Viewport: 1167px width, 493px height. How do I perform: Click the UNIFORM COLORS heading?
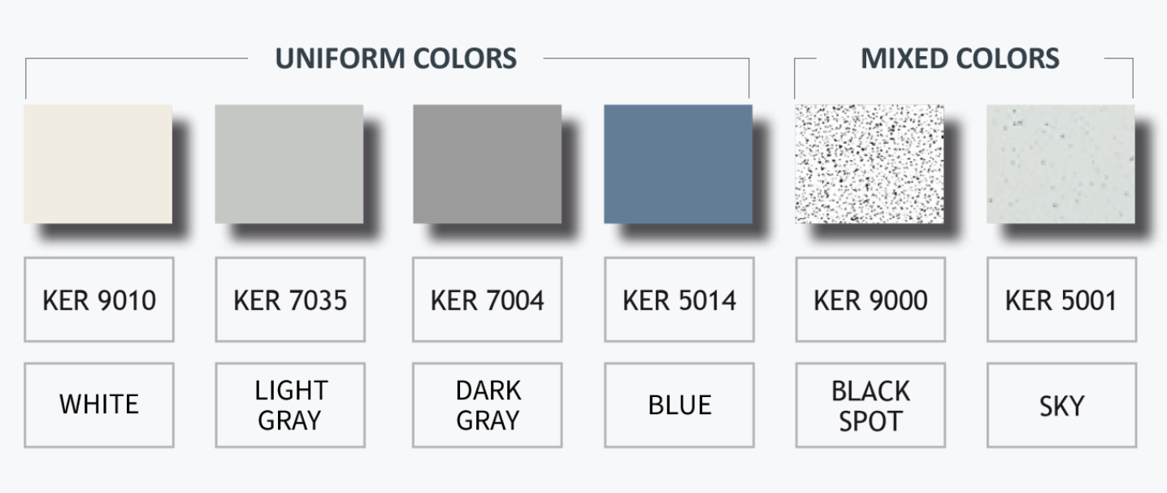click(x=396, y=59)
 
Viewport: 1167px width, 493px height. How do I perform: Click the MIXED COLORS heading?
click(x=960, y=59)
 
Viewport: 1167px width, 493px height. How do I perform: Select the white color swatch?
click(x=98, y=164)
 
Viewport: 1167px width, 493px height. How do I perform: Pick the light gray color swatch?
click(x=289, y=164)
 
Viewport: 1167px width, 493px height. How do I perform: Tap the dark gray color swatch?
click(x=487, y=164)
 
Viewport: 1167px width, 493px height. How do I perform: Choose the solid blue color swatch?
click(x=679, y=164)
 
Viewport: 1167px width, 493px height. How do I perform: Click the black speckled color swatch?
click(x=870, y=164)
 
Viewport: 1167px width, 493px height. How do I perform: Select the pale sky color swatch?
click(x=1061, y=164)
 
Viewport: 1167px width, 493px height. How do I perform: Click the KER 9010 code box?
click(x=99, y=299)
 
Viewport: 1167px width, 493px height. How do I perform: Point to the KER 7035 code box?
click(x=290, y=299)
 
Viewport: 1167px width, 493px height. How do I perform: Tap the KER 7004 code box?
click(x=487, y=299)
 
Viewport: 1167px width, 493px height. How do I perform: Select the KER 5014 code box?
click(x=679, y=299)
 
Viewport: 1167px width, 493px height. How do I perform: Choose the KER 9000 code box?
click(x=870, y=299)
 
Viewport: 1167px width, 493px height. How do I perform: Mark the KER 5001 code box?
click(x=1062, y=299)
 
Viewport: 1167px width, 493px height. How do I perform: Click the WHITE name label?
click(x=99, y=405)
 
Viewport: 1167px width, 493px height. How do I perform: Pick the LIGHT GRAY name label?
click(x=290, y=405)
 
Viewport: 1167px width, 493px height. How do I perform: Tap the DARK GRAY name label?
click(x=487, y=405)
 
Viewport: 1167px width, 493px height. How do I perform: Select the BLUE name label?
click(x=679, y=405)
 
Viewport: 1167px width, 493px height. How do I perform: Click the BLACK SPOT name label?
click(x=870, y=405)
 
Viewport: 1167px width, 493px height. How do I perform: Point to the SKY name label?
click(x=1062, y=405)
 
